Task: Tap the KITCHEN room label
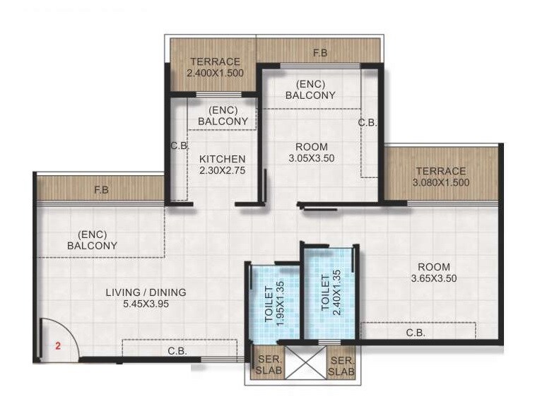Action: point(222,159)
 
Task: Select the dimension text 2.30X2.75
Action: point(222,170)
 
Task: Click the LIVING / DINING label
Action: point(146,292)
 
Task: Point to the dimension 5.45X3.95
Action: point(146,304)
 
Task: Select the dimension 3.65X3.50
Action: point(433,278)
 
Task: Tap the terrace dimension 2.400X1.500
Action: point(213,73)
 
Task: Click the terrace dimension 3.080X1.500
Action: point(440,182)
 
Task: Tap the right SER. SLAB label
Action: point(341,364)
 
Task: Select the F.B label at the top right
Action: point(319,52)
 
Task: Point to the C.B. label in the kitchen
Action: point(177,146)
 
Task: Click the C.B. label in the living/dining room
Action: point(177,350)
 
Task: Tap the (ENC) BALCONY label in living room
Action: point(92,240)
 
